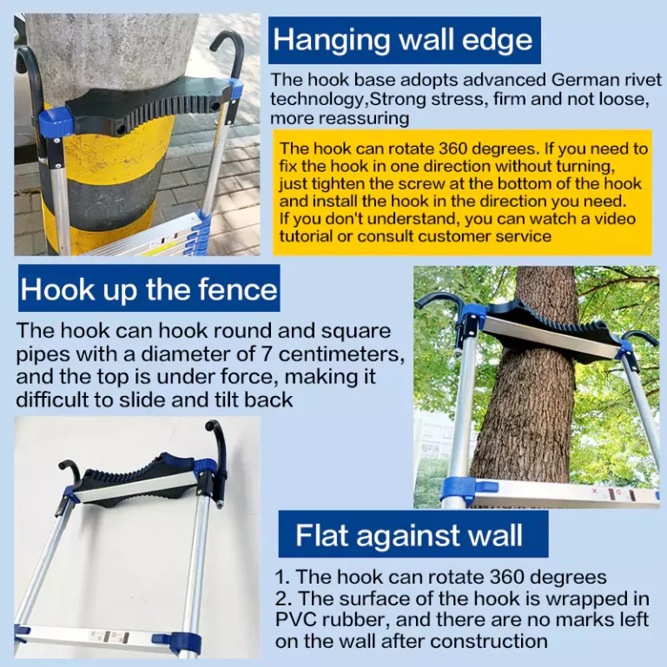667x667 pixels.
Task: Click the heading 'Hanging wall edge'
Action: [402, 40]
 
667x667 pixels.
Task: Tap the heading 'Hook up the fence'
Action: [149, 289]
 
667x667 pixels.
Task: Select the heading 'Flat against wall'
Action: [409, 535]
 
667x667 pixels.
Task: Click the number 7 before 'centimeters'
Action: [267, 353]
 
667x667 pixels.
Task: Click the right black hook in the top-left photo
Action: [229, 60]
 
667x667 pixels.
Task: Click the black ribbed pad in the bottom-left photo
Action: [141, 479]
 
